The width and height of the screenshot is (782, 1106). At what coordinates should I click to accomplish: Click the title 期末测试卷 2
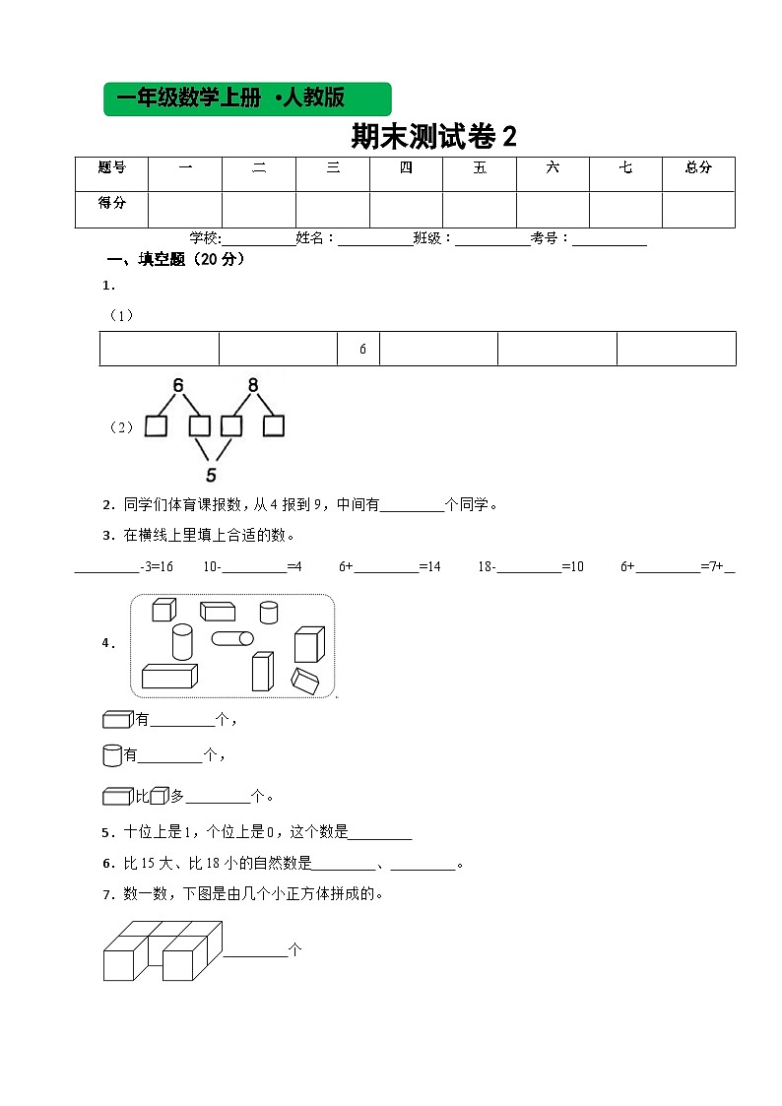tap(433, 137)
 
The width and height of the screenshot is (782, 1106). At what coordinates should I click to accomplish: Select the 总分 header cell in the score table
tap(698, 168)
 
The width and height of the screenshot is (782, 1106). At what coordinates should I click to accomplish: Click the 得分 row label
tap(111, 203)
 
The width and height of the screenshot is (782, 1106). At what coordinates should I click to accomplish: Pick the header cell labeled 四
tap(406, 168)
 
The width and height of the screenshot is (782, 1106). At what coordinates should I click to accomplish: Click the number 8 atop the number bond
tap(253, 385)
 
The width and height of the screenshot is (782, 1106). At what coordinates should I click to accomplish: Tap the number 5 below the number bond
tap(211, 475)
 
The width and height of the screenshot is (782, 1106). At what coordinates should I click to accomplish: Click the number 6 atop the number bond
tap(178, 385)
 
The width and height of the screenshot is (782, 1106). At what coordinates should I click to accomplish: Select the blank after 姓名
tap(375, 239)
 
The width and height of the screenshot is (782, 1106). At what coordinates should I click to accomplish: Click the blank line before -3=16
tap(106, 568)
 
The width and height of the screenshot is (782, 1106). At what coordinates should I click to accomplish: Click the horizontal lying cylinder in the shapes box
tap(232, 638)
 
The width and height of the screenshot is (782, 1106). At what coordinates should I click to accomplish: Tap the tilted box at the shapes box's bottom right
tap(304, 679)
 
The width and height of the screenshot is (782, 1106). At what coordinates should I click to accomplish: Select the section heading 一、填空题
tap(175, 260)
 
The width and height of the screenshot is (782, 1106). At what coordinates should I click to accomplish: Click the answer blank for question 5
tap(380, 834)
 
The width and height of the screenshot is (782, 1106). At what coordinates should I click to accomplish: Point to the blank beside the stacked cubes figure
tap(254, 952)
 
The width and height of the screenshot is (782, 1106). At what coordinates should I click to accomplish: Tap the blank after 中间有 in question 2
tap(412, 507)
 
